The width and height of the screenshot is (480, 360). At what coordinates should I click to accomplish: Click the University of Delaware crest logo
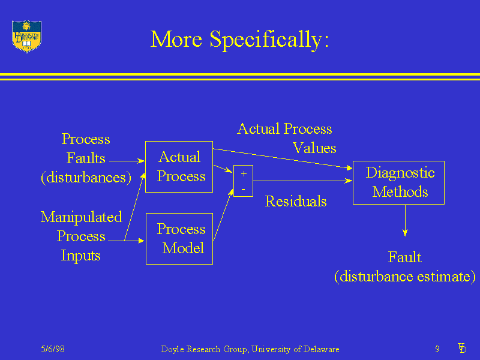tap(27, 36)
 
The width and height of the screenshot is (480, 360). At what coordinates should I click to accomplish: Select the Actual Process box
tap(179, 166)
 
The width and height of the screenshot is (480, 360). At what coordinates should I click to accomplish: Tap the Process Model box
tap(179, 238)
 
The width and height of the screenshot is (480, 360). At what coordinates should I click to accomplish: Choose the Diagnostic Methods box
tap(398, 182)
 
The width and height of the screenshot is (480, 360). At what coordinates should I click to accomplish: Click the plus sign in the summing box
tap(244, 173)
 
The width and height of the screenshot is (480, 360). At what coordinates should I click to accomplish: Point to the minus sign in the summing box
tap(243, 189)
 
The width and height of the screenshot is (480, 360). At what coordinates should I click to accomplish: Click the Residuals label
tap(296, 202)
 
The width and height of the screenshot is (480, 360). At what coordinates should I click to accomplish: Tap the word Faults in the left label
tap(86, 158)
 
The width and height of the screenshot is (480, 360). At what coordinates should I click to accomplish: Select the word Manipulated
tap(81, 217)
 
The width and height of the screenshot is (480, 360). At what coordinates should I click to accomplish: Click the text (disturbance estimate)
tap(404, 277)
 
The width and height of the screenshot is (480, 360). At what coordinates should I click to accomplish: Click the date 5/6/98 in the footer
tap(53, 349)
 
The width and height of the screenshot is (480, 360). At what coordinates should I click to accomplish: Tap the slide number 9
tap(437, 349)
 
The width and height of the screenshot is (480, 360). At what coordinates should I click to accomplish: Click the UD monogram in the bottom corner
tap(462, 348)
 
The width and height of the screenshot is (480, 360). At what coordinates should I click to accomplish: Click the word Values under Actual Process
tap(314, 148)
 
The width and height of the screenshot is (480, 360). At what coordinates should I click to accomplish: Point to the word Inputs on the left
tap(80, 256)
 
